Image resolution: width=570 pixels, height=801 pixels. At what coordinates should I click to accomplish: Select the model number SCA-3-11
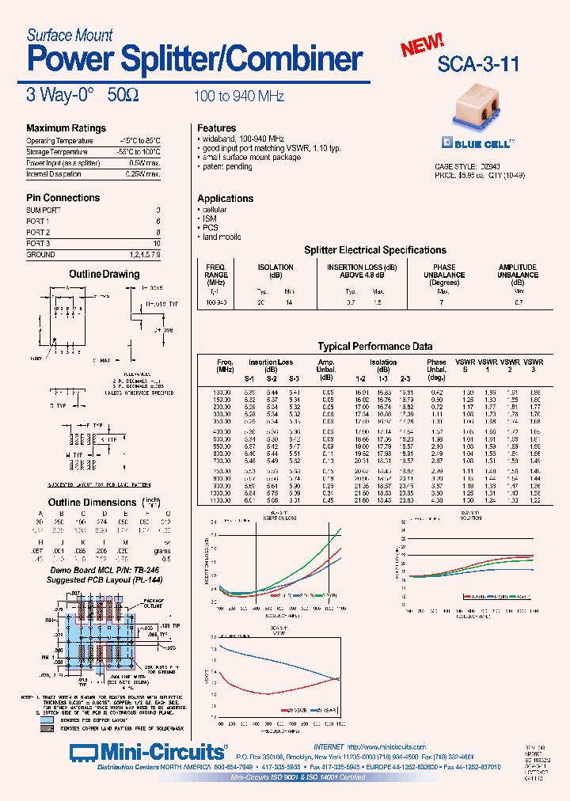(478, 65)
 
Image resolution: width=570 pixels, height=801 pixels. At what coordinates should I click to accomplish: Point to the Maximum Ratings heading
(66, 128)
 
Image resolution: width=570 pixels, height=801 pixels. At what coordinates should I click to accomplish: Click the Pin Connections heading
(63, 198)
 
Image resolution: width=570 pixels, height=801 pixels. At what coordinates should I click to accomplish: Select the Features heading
(216, 128)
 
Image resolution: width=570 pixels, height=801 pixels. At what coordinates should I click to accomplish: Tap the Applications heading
(225, 199)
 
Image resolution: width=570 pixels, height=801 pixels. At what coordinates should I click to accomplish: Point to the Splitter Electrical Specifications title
(375, 250)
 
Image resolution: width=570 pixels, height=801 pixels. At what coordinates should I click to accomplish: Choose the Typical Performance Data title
(375, 347)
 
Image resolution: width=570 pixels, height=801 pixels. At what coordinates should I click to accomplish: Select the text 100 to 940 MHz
(239, 97)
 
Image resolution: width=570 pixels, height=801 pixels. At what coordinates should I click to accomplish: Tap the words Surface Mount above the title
(70, 35)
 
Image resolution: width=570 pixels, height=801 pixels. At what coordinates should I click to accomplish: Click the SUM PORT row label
(44, 210)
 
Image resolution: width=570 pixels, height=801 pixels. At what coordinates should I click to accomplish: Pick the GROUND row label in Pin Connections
(40, 255)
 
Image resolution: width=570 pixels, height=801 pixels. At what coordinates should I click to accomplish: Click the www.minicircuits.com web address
(386, 747)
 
